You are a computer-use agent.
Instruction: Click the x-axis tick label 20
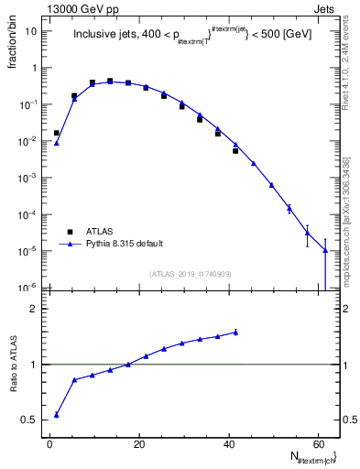tap(138, 443)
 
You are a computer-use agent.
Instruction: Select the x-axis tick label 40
tap(227, 443)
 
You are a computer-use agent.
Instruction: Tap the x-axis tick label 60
tap(316, 443)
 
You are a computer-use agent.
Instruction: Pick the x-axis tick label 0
tap(50, 443)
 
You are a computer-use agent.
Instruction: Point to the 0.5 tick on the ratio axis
tap(34, 420)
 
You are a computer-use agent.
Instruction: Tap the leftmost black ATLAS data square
tap(57, 133)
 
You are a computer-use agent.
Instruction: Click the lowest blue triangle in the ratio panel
tap(57, 415)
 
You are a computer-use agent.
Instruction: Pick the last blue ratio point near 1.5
tap(235, 333)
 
